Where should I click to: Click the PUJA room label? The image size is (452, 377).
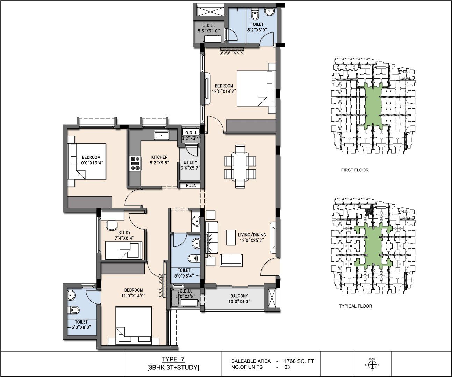coord(191,185)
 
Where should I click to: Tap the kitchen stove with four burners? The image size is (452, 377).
coord(136,163)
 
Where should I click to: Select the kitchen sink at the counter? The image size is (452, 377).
coord(162,135)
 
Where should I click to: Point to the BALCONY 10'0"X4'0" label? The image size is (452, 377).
coord(239,298)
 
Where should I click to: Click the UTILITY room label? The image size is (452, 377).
coord(190,162)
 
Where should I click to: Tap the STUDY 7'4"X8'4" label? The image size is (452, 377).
coord(124,235)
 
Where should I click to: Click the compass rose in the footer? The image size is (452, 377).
coord(372,365)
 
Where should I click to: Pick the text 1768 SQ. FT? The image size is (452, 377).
coord(299,361)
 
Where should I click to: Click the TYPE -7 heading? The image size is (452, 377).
coord(173,359)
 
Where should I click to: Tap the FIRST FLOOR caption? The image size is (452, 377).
coord(355,170)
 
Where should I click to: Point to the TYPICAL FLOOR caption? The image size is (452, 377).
coord(356,306)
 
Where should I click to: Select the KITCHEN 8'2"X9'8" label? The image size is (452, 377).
coord(159,160)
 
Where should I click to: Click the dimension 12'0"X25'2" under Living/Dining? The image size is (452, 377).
coord(251,240)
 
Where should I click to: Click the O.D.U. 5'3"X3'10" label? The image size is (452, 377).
coord(209,28)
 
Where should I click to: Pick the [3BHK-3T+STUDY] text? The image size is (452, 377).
coord(173,367)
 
